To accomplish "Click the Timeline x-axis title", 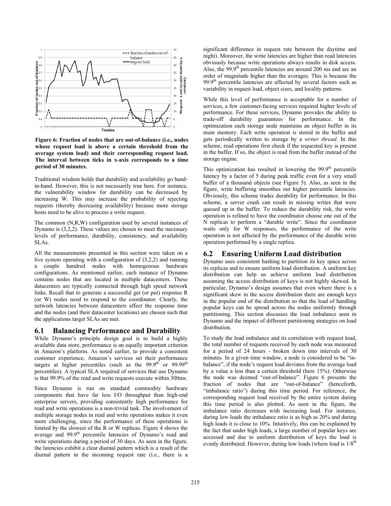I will click(108, 130).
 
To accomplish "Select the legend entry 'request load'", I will click(139, 62).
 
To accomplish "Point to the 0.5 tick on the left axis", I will click(40, 88).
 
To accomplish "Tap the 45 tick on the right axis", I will click(175, 57).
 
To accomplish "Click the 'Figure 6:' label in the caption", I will click(47, 140).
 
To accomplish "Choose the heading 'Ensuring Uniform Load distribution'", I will click(281, 254).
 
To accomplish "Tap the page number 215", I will click(195, 482).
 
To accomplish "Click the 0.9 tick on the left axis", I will click(40, 57).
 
